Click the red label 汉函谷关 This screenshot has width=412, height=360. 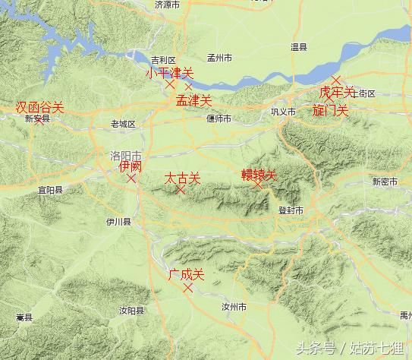coord(39,108)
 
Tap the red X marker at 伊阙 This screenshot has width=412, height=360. coord(131,178)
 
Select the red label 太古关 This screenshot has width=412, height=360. coord(183,178)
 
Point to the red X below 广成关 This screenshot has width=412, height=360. coord(188,288)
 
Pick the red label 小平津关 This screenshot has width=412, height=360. coord(170,73)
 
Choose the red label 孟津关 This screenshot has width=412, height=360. coord(193,99)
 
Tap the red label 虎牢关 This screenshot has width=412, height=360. coord(336,92)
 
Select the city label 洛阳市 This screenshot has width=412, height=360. coord(125,155)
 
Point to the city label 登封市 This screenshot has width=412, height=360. coord(291,210)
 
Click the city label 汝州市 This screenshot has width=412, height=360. coord(233,308)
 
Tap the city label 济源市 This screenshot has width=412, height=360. coord(167,5)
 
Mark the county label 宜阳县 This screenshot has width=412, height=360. coord(50,191)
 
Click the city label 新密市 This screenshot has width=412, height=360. coord(385,182)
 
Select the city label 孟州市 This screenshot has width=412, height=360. coord(222,58)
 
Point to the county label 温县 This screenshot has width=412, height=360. coord(299,47)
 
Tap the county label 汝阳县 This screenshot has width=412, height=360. coord(131,310)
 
